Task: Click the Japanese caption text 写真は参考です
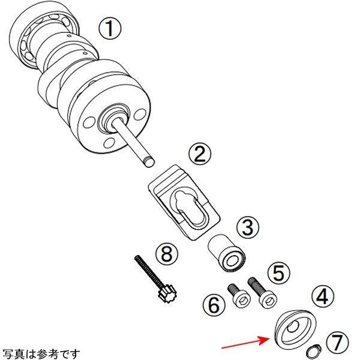(x=40, y=353)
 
